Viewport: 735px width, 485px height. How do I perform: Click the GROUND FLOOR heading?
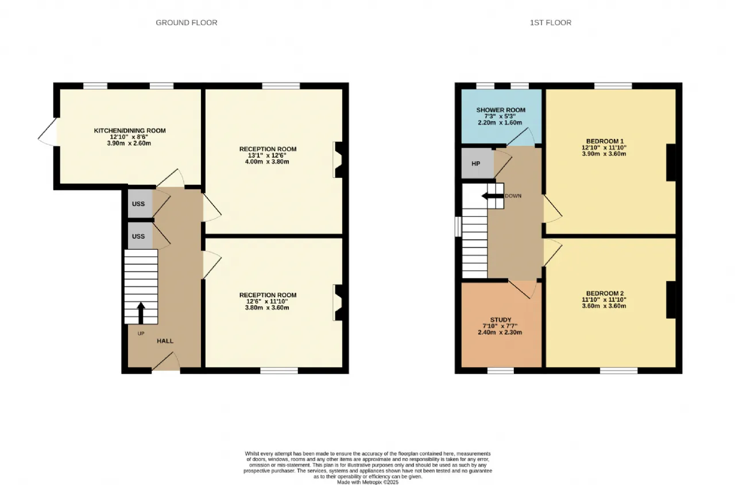(187, 22)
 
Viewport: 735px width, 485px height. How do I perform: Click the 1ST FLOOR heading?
(551, 22)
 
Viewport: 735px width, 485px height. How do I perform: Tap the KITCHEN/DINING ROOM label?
(130, 130)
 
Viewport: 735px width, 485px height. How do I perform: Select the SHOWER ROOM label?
(501, 110)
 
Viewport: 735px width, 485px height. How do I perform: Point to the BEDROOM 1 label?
(604, 141)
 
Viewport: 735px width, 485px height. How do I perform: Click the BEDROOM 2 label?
(605, 293)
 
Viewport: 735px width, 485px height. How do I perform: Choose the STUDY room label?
(501, 320)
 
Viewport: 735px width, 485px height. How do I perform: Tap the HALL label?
(165, 341)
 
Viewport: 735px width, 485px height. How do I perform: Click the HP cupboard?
(477, 164)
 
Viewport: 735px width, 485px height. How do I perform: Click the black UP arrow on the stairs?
(141, 313)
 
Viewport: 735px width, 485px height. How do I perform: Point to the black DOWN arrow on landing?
(493, 196)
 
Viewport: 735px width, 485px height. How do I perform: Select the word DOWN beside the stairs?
(513, 196)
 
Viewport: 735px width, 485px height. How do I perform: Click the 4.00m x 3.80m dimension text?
(267, 162)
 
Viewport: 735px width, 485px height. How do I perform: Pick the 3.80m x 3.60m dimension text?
(267, 308)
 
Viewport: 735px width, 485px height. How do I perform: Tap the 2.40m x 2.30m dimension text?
(500, 332)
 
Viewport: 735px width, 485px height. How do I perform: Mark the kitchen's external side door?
(48, 132)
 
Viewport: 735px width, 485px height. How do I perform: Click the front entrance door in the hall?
(166, 363)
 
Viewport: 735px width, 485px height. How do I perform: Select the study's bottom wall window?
(500, 371)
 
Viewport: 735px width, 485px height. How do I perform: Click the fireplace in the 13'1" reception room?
(338, 160)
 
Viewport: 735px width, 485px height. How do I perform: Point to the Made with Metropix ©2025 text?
(368, 482)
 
